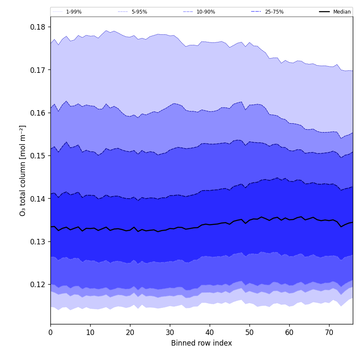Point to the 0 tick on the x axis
coord(50,332)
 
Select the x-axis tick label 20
coord(130,332)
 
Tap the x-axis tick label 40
coord(210,332)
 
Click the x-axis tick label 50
coord(249,332)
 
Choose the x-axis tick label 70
coord(329,332)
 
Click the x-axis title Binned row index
coord(202,343)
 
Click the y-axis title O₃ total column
coord(23,170)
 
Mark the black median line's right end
coord(352,222)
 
